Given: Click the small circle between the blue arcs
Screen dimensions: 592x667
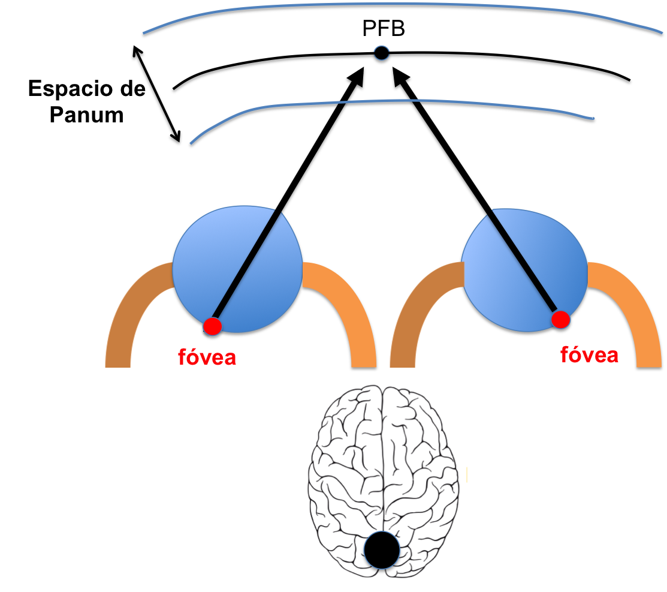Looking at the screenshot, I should (x=382, y=53).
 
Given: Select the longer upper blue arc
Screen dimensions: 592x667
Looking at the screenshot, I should (x=402, y=5).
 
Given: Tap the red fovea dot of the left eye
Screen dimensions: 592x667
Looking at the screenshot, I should (x=212, y=326).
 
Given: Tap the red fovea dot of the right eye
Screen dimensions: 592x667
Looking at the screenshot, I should (x=560, y=320).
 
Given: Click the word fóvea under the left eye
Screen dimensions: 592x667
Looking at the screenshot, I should (x=207, y=357).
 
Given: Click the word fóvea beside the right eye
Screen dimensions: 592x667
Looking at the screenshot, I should (x=589, y=354).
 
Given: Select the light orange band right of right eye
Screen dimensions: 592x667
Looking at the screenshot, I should (x=629, y=312).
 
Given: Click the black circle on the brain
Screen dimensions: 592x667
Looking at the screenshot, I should (x=382, y=551).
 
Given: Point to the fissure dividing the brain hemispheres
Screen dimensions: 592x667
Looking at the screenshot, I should (x=384, y=456).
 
